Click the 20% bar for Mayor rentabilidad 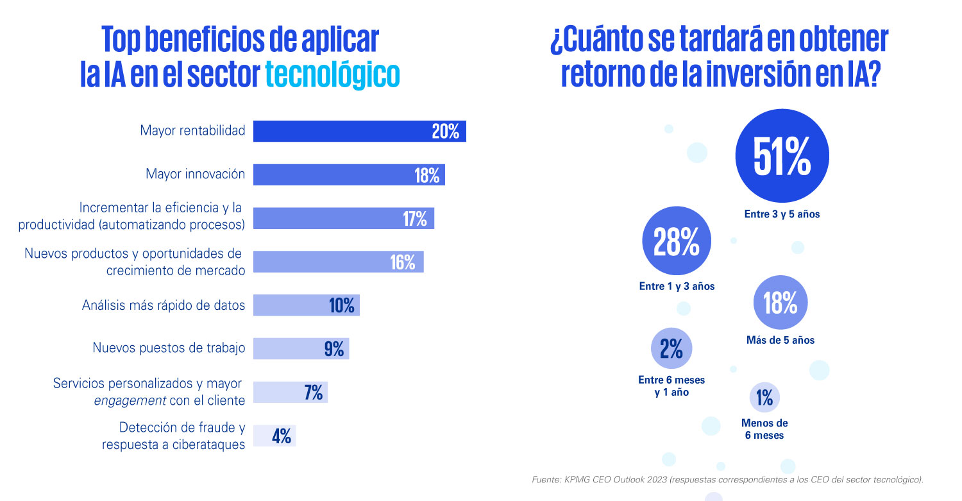click(x=359, y=131)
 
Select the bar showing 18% click(x=349, y=174)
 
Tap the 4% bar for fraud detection click(x=274, y=436)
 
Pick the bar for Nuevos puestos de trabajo click(x=301, y=348)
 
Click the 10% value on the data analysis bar click(x=342, y=305)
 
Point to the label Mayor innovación click(x=195, y=174)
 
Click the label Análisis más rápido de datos click(x=164, y=305)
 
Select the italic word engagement click(x=122, y=401)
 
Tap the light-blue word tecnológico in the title click(x=332, y=74)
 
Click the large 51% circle click(x=782, y=156)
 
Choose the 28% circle click(x=677, y=241)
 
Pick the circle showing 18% click(x=780, y=303)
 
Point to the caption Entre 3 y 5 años click(x=782, y=215)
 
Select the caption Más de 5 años click(x=780, y=341)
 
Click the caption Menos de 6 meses click(x=764, y=429)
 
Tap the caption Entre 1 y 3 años click(x=677, y=287)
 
